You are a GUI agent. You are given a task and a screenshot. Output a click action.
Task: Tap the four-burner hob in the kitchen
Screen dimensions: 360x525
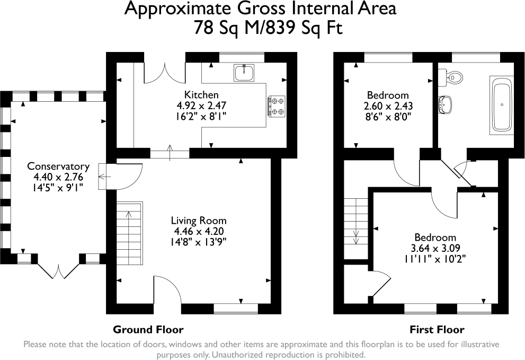click(277, 105)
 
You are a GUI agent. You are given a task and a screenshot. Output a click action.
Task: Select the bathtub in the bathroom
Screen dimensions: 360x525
click(502, 105)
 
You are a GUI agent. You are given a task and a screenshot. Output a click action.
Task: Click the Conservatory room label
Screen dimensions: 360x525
click(58, 166)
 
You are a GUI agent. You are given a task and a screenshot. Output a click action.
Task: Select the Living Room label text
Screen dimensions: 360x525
click(199, 221)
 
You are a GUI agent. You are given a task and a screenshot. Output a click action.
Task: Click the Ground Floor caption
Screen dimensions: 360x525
click(148, 329)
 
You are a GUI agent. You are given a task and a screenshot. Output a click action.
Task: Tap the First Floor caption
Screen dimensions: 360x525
click(437, 329)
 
